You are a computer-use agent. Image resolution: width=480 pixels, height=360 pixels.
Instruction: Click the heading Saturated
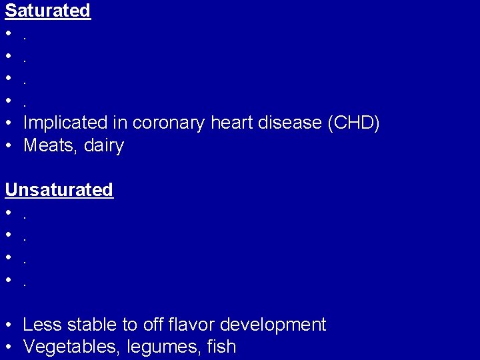coord(47,11)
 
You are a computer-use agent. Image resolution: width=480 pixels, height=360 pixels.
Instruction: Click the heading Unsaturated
coord(59,190)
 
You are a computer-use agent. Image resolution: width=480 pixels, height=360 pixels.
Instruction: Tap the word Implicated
coord(65,123)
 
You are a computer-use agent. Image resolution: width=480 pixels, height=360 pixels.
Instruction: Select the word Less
coord(41,325)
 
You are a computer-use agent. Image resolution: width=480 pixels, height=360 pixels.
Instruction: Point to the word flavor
coord(190,325)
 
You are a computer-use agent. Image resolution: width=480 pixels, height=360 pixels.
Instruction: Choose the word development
coord(273,325)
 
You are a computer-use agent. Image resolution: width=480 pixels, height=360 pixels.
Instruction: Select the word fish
coord(222,347)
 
